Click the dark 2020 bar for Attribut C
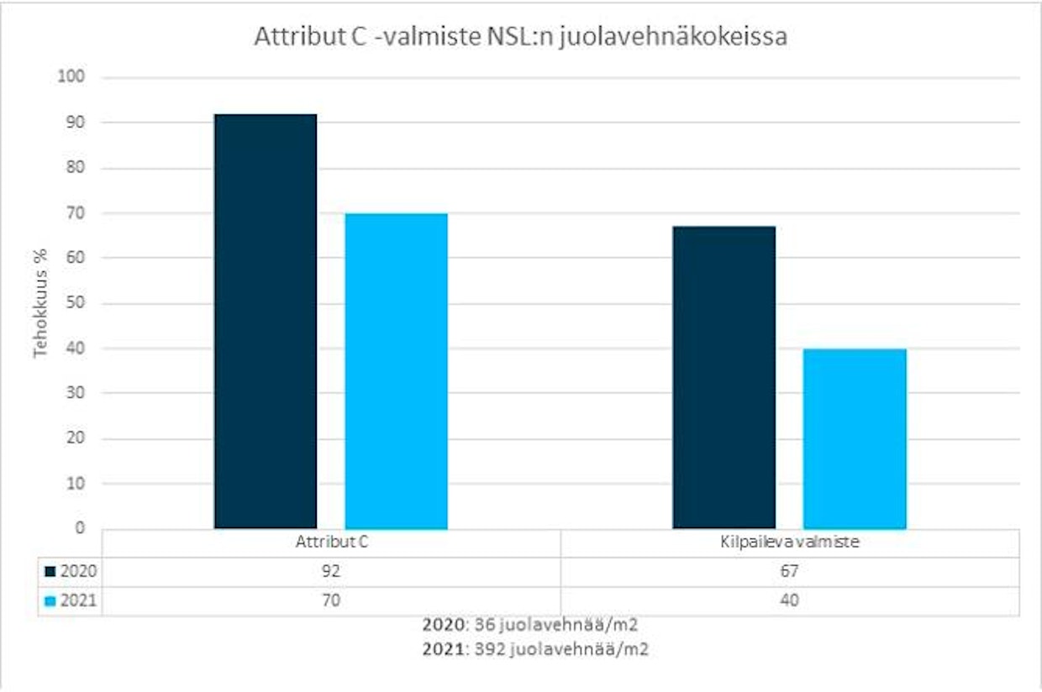click(x=266, y=321)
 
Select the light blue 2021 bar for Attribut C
click(x=396, y=370)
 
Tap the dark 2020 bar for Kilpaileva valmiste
click(x=724, y=377)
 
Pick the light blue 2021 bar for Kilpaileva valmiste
click(x=855, y=438)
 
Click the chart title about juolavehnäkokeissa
click(x=521, y=38)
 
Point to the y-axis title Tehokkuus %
click(x=40, y=303)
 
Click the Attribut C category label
click(x=331, y=543)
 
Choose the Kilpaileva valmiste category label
click(x=790, y=543)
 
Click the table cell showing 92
click(x=331, y=572)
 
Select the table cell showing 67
click(x=790, y=572)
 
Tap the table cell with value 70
click(x=331, y=601)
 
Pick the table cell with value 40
click(x=790, y=601)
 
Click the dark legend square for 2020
click(x=50, y=572)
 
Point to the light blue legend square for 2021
click(x=50, y=601)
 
